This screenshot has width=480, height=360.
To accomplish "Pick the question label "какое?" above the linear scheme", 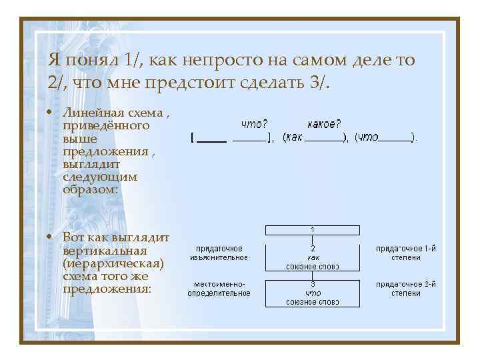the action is [324, 123].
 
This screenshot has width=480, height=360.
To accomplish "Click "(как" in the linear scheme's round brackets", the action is [294, 137].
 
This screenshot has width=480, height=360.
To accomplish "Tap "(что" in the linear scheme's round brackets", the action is [367, 137].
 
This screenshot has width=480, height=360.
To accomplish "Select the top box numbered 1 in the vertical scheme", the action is [313, 229].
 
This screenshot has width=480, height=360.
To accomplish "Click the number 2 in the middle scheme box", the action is [313, 248].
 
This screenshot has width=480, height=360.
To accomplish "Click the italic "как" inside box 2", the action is [313, 257].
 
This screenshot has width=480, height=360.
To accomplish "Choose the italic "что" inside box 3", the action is [313, 293].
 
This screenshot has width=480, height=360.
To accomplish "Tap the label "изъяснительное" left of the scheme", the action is [219, 257].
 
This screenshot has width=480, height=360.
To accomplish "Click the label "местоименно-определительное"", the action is [219, 289].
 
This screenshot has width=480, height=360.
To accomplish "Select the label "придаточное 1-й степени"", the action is [406, 253].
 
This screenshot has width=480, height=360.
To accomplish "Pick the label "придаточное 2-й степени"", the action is [406, 289].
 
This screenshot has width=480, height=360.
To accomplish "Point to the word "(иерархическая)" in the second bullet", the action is [113, 263].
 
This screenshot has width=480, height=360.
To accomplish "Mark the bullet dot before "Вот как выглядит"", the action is [52, 237].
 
